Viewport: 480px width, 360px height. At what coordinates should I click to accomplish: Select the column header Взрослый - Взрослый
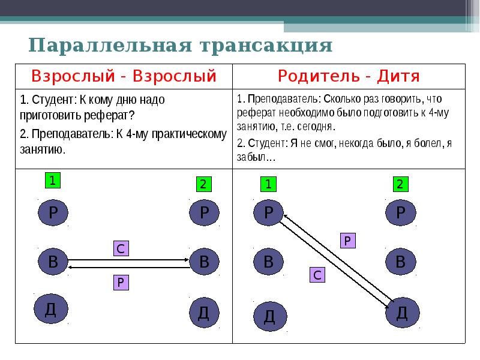(124, 76)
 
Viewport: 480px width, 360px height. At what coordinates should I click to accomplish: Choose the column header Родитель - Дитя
(349, 76)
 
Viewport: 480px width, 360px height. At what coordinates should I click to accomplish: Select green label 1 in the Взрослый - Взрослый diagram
(53, 180)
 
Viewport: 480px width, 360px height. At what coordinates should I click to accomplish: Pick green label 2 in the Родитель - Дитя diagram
(401, 184)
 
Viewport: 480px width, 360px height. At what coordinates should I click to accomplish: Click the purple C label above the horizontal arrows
(120, 247)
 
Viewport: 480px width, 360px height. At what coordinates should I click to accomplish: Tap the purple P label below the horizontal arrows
(120, 281)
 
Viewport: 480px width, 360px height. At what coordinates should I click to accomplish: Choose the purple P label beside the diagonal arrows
(348, 241)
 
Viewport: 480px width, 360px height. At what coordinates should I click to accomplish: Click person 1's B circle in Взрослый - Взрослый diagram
(53, 261)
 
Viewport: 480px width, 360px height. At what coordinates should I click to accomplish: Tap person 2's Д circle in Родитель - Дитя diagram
(402, 312)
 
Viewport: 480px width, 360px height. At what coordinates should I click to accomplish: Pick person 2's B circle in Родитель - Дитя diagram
(401, 261)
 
